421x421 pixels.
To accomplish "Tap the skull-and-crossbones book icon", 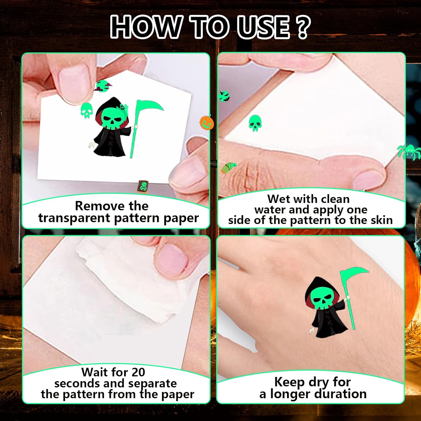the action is point(143,187).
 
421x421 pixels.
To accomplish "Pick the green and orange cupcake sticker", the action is point(228,168).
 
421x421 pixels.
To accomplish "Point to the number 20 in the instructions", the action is point(138,372).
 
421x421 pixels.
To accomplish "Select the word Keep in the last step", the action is point(289,382).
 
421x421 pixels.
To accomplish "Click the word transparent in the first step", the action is point(74,218).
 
